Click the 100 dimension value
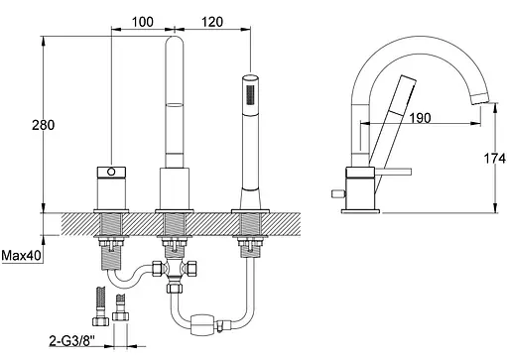143,22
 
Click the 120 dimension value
212,22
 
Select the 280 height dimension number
43,125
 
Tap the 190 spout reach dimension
420,117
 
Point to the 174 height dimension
495,159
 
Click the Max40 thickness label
22,255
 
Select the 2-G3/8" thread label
71,340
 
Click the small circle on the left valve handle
112,172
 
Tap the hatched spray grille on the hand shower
250,95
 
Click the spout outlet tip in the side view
480,98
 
